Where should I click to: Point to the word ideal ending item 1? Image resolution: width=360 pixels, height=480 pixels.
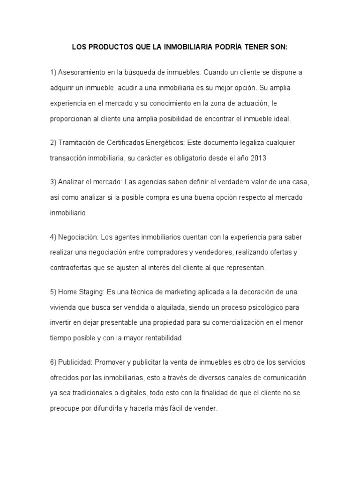pyautogui.click(x=281, y=119)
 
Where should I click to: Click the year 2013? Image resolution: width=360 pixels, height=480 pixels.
pyautogui.click(x=258, y=158)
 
